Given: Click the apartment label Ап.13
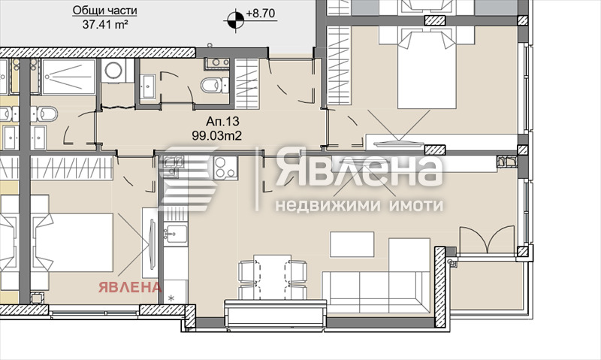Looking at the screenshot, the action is tap(222, 122).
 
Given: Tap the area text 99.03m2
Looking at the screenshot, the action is tap(217, 135).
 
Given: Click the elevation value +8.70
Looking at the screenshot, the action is tap(261, 13).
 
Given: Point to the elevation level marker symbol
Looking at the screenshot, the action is tap(234, 20).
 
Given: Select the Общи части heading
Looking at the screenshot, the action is tap(104, 11).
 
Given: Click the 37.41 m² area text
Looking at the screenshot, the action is tap(105, 25).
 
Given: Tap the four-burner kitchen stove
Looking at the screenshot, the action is tap(225, 168).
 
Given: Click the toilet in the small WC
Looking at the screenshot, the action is tap(214, 85).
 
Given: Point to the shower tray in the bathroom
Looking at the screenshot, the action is tap(68, 77).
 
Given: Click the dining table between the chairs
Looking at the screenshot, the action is tap(273, 277).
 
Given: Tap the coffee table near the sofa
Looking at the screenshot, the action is tap(352, 244).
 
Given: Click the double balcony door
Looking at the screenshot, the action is tap(487, 240).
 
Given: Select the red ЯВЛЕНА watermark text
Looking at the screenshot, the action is tap(130, 287).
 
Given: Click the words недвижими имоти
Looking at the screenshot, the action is tap(359, 205).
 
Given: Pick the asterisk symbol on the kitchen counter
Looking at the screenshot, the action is tap(171, 297).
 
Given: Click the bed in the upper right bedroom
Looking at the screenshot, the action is tap(427, 70).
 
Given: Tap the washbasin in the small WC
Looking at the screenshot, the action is tap(148, 86).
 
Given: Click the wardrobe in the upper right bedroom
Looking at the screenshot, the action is tap(340, 65).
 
